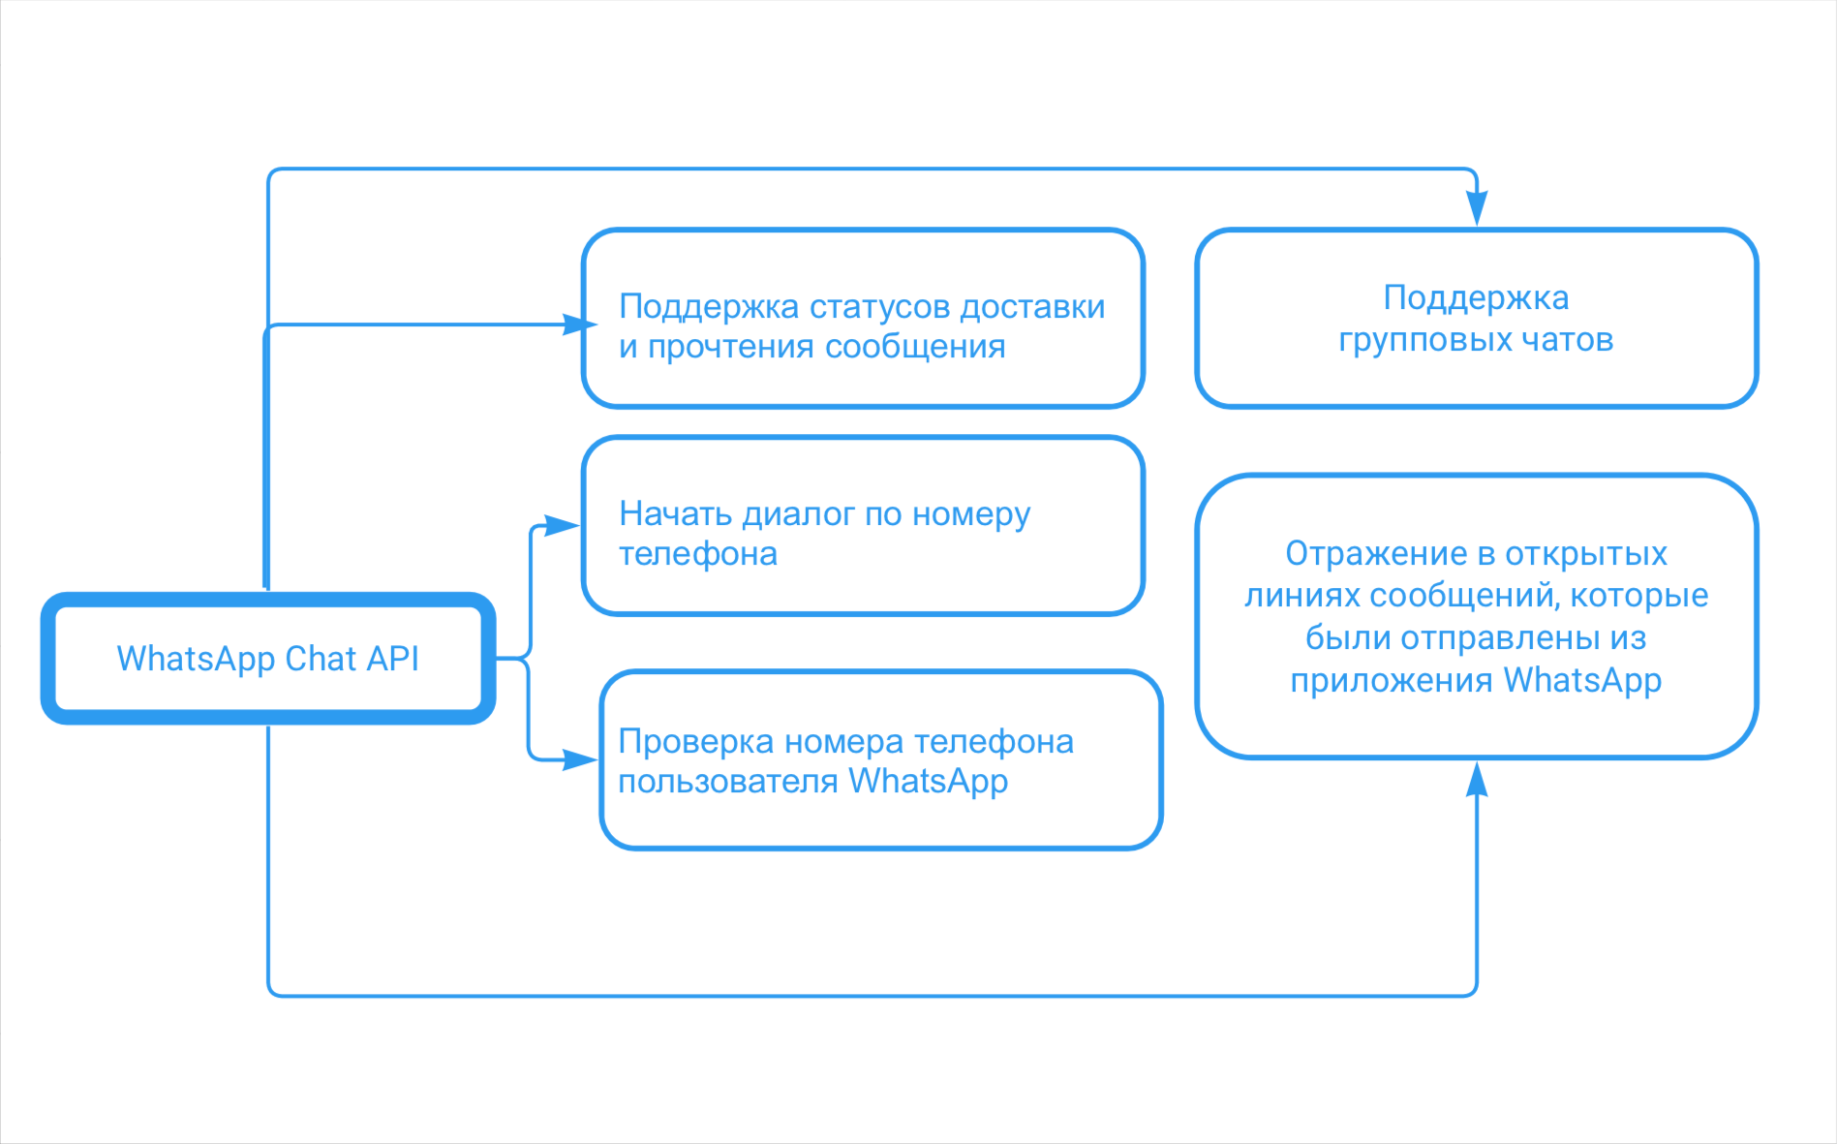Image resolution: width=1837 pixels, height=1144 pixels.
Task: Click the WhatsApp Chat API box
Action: [268, 659]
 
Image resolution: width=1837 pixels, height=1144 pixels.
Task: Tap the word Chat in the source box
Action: [321, 659]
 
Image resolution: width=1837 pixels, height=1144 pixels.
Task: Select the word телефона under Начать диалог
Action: [698, 554]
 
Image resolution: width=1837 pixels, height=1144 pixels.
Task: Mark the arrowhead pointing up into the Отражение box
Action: [1477, 779]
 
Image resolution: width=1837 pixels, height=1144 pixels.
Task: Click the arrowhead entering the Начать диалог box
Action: [562, 526]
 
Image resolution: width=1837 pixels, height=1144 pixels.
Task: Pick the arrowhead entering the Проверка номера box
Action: [579, 760]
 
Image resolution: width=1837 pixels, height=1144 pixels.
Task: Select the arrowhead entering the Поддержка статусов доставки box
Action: [579, 325]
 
